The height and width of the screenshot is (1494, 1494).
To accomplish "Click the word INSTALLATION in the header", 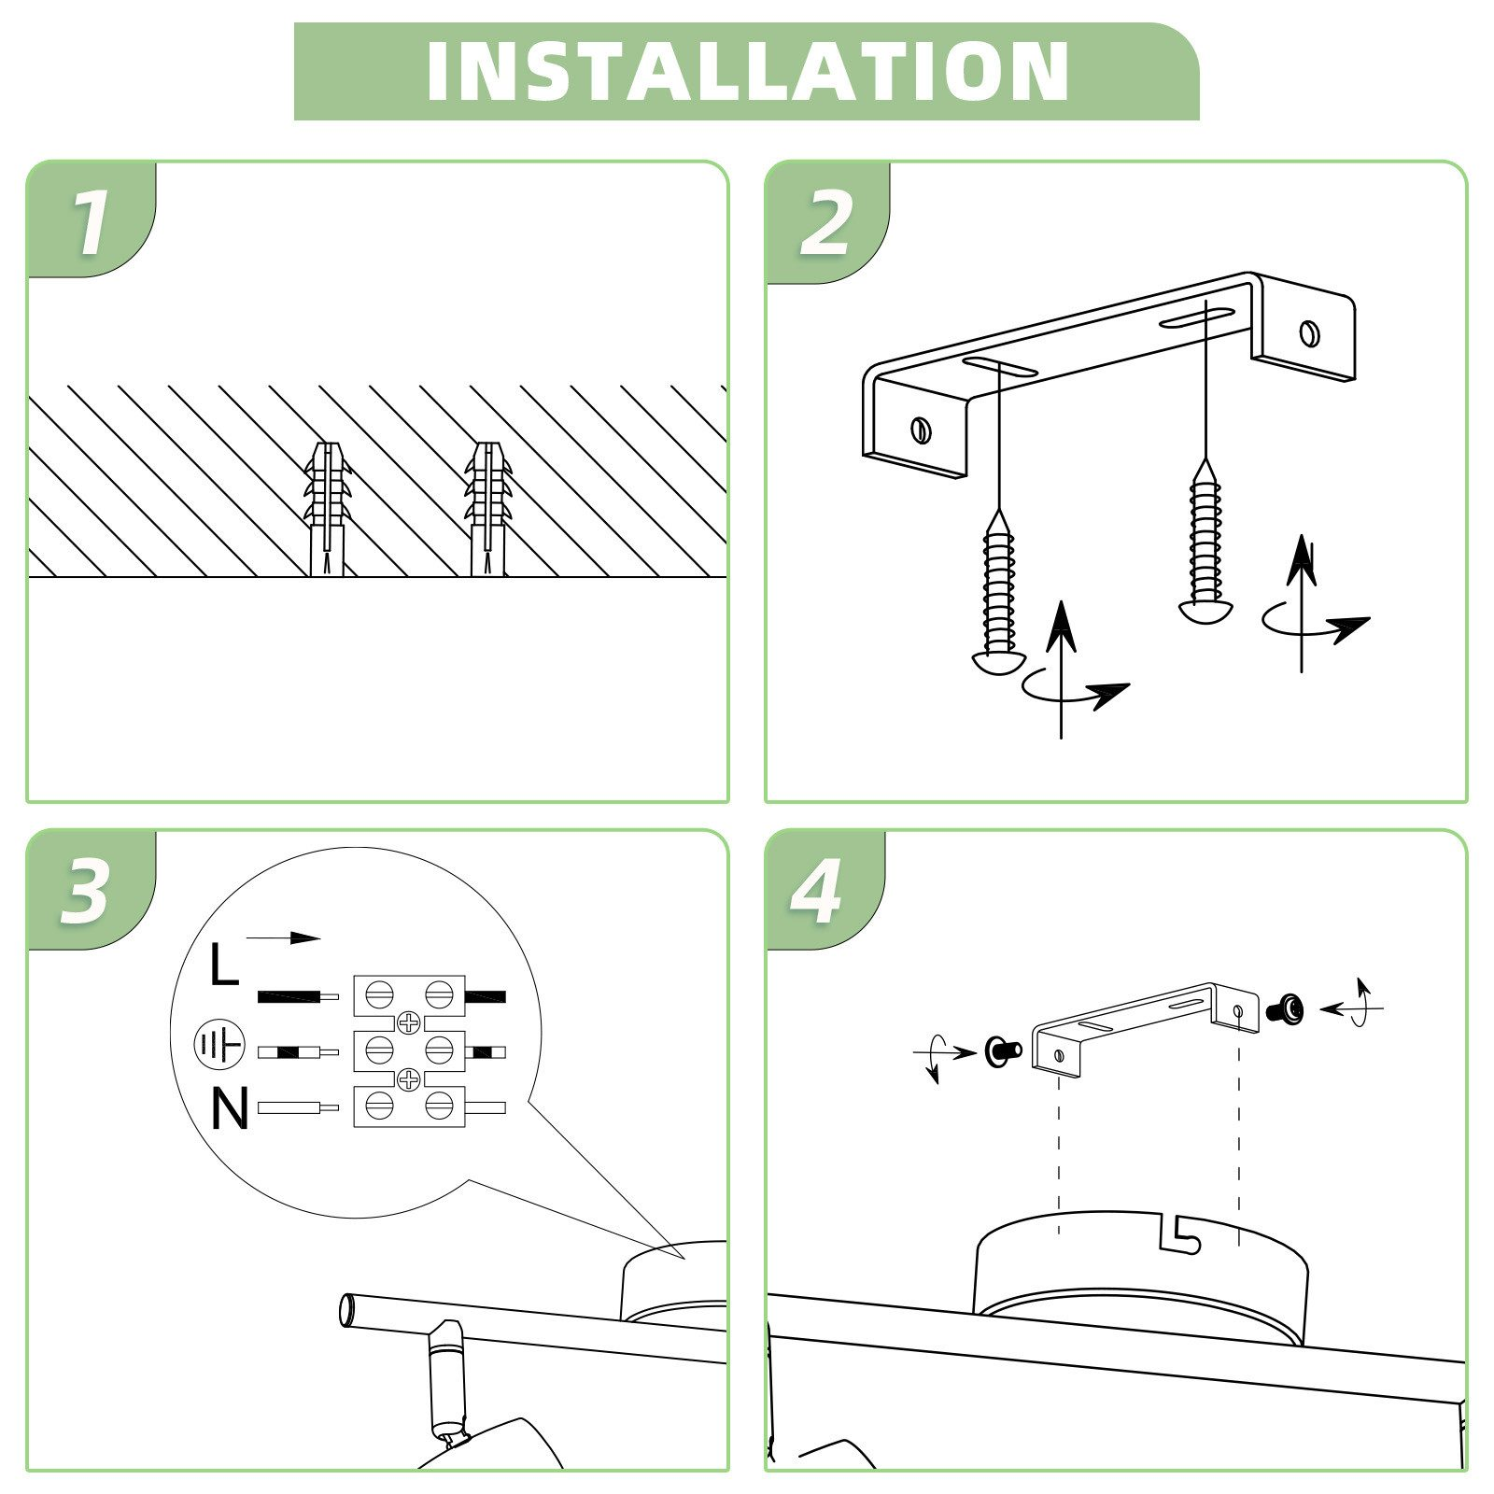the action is click(747, 71).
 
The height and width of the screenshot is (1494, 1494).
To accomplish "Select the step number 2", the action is click(825, 223).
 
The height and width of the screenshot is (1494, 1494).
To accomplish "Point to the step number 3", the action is click(86, 892).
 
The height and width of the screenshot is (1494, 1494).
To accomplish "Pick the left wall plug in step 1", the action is click(327, 509).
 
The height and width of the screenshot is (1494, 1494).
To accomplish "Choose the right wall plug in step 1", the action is click(487, 509).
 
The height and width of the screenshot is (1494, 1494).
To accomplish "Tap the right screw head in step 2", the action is click(1205, 611).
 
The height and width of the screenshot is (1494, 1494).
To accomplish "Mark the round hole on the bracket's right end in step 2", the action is click(1309, 331).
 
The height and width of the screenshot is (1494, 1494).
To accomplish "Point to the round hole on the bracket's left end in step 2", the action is click(922, 430).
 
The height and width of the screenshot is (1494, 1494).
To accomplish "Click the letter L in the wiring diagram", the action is click(224, 965).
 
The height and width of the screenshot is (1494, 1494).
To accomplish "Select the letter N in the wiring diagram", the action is click(230, 1109).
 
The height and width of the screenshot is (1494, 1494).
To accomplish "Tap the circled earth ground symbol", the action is click(218, 1046).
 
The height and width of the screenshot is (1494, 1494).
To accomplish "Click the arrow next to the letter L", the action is click(283, 938).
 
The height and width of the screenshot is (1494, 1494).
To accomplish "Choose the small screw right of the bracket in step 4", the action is click(1285, 1008).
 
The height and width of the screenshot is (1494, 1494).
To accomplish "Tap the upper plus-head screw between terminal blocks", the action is click(409, 1022).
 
